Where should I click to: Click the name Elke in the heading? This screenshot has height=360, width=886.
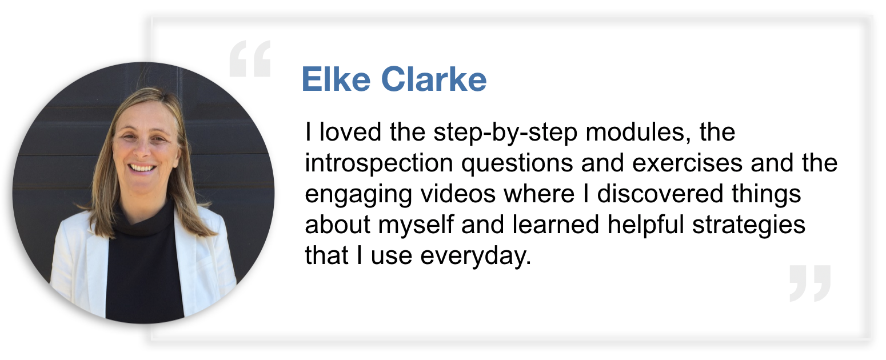click(336, 79)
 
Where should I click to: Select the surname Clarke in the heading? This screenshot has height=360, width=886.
click(434, 79)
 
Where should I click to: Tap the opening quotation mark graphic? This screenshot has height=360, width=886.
click(250, 58)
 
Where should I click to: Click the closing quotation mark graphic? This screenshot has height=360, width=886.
click(810, 283)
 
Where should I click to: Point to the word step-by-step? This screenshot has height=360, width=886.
click(505, 133)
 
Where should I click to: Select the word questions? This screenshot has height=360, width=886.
click(517, 164)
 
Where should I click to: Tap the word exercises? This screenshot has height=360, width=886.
click(688, 163)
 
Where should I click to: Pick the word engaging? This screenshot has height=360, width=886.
click(358, 195)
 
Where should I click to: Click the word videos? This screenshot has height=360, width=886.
click(458, 194)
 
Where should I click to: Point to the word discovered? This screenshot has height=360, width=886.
click(660, 194)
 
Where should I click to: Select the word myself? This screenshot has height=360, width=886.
click(416, 226)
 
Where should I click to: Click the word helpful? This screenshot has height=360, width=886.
click(646, 226)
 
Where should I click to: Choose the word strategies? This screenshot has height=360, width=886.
click(749, 226)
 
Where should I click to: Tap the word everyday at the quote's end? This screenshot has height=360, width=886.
click(476, 257)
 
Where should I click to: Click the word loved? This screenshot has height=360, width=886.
click(350, 132)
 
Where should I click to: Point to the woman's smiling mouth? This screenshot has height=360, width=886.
click(142, 168)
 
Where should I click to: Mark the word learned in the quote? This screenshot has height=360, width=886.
click(556, 225)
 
